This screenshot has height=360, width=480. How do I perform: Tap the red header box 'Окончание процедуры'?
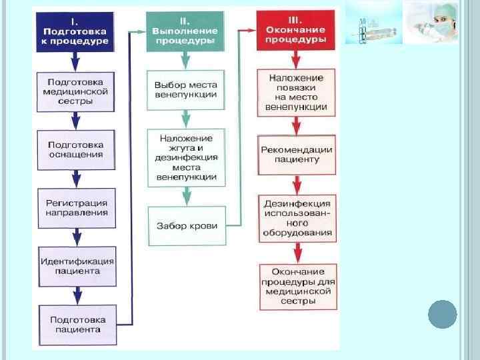click(296, 31)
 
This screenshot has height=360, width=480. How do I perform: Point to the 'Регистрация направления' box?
click(76, 207)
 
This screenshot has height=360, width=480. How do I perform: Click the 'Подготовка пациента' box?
click(77, 325)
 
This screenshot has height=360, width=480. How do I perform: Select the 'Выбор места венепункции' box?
click(185, 90)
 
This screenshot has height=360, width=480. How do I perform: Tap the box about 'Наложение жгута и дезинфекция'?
click(187, 158)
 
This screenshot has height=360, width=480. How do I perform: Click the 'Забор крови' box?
click(187, 226)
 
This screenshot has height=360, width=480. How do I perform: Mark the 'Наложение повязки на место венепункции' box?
click(295, 92)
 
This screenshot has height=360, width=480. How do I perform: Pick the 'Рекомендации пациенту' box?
click(296, 154)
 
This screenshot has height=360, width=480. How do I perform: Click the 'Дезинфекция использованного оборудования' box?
click(297, 218)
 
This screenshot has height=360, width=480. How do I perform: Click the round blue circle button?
click(442, 314)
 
